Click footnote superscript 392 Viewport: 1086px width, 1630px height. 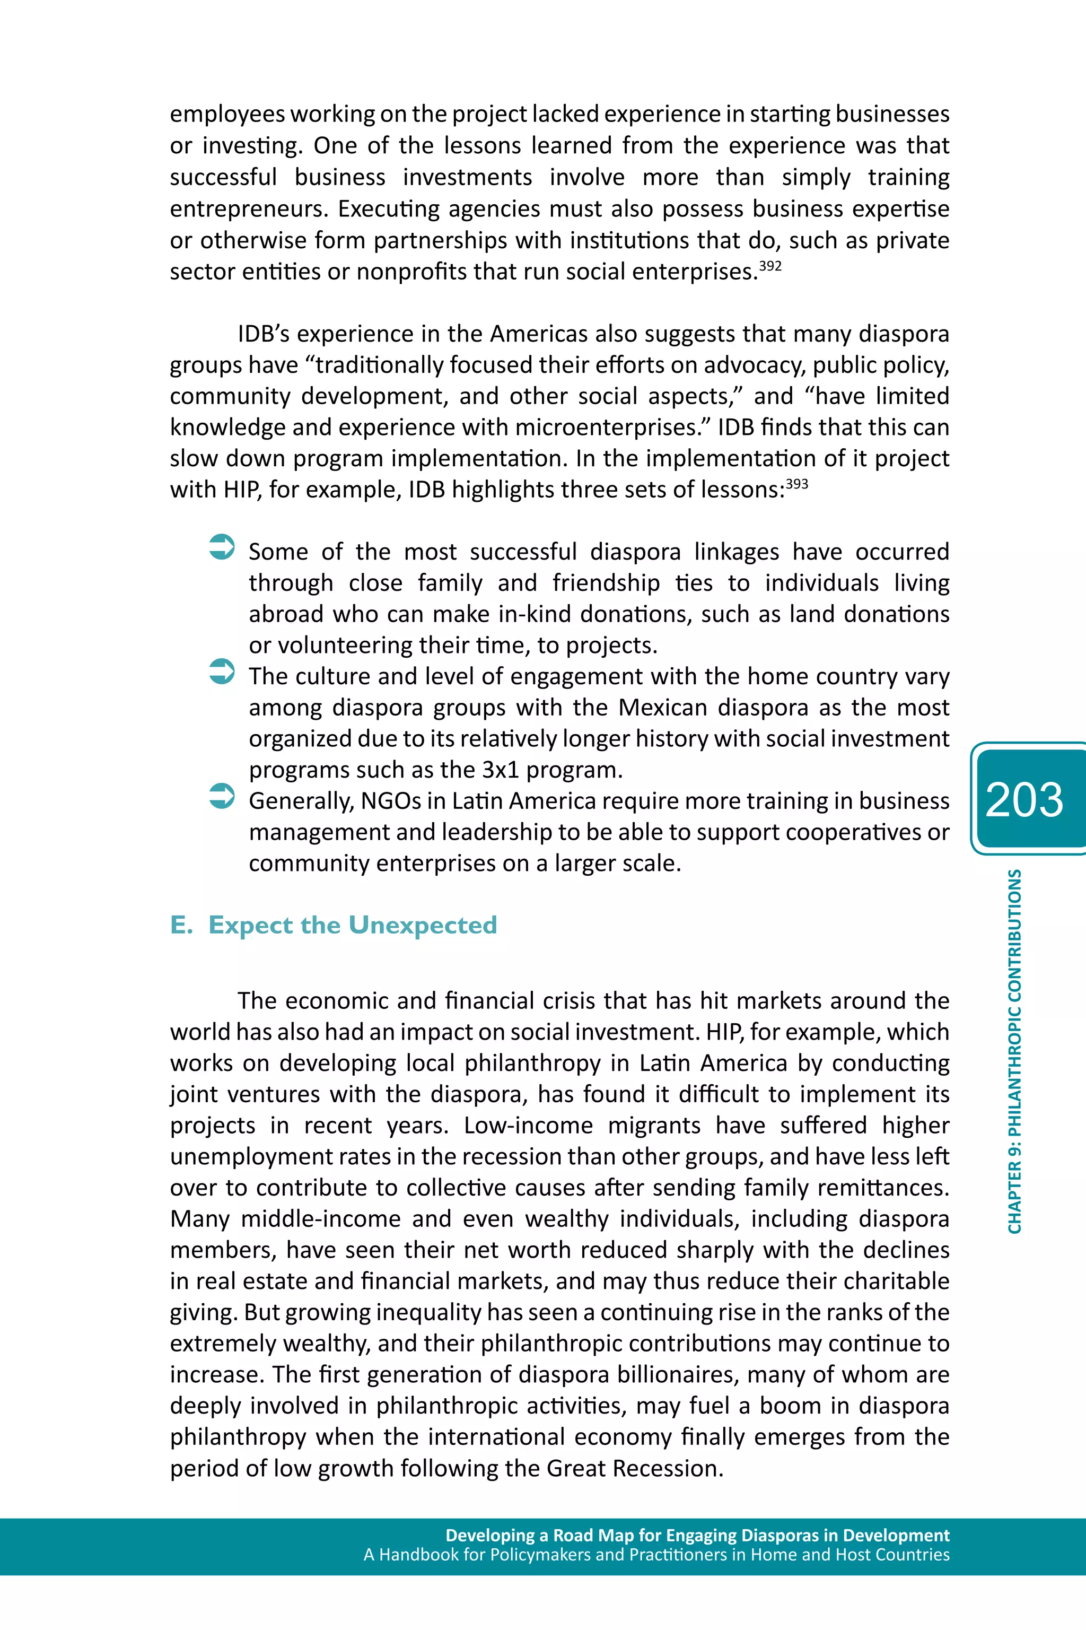(770, 266)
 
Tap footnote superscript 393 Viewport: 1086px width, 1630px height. (796, 484)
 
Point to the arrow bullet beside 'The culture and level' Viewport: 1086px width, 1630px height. (222, 672)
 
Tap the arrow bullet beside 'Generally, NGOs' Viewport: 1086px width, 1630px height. (222, 796)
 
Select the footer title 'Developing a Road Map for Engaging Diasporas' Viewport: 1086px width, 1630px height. (697, 1535)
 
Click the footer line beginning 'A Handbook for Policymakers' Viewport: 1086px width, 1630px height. (656, 1555)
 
